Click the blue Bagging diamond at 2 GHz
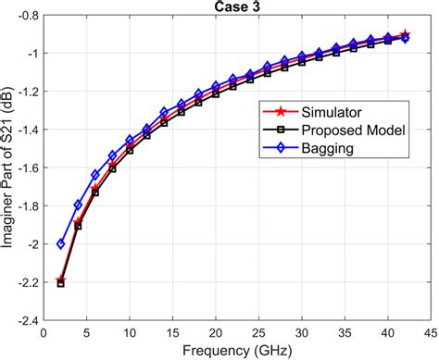(60, 244)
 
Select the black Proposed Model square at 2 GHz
(60, 283)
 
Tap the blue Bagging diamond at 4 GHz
(78, 205)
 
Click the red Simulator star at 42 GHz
(405, 35)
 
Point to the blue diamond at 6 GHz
(94, 175)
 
